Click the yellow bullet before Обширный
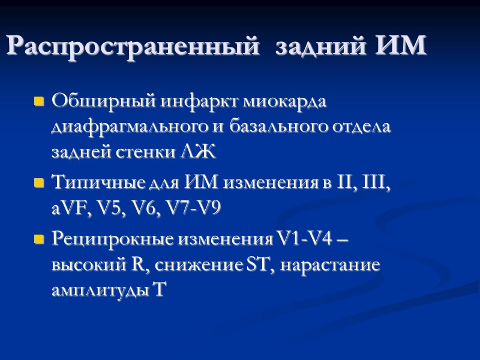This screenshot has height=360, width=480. click(x=40, y=103)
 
